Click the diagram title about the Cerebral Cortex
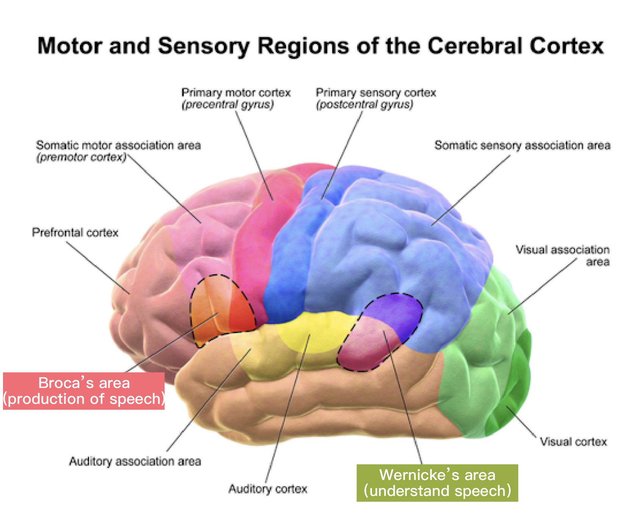coord(320,46)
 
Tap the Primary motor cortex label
coord(236,93)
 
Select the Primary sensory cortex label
coord(376,93)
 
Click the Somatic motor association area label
coord(118,145)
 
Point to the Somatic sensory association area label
coord(522,145)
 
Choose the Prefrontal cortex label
coord(75,232)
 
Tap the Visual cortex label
coord(573,442)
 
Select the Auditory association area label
coord(135,461)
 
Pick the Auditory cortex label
coord(267,489)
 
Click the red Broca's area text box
coord(84,391)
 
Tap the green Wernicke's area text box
coord(437,483)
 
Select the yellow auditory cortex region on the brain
coord(314,330)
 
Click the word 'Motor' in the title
coord(70,46)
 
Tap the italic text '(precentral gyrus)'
coord(227,105)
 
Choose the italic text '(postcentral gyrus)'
coord(364,105)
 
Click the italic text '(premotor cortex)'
coord(81,157)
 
